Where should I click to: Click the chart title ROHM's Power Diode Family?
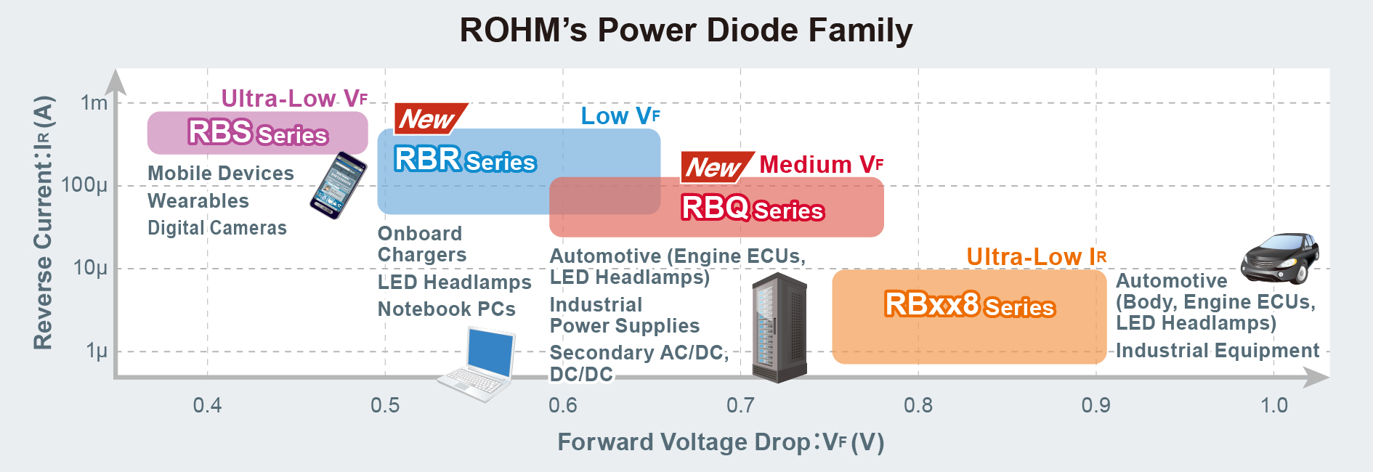click(x=686, y=30)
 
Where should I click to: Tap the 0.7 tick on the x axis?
click(x=740, y=405)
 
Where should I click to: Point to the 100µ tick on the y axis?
click(x=84, y=185)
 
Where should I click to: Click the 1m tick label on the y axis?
click(x=94, y=103)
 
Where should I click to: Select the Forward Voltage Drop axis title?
click(x=721, y=442)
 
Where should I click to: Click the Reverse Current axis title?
click(x=44, y=222)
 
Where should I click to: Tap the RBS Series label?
click(x=257, y=133)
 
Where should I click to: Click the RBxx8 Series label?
click(x=969, y=305)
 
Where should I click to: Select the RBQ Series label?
click(x=752, y=208)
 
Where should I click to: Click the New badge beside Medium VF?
click(x=716, y=168)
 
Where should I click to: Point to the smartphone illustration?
click(x=338, y=185)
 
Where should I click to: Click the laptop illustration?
click(x=478, y=365)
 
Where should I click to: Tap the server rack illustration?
click(x=779, y=328)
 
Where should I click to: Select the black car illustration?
click(x=1279, y=258)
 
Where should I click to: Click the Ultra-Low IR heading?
click(x=1036, y=257)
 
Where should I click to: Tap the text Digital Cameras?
click(x=217, y=228)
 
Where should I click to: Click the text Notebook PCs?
click(x=446, y=309)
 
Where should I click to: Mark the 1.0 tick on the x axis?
click(x=1273, y=405)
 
